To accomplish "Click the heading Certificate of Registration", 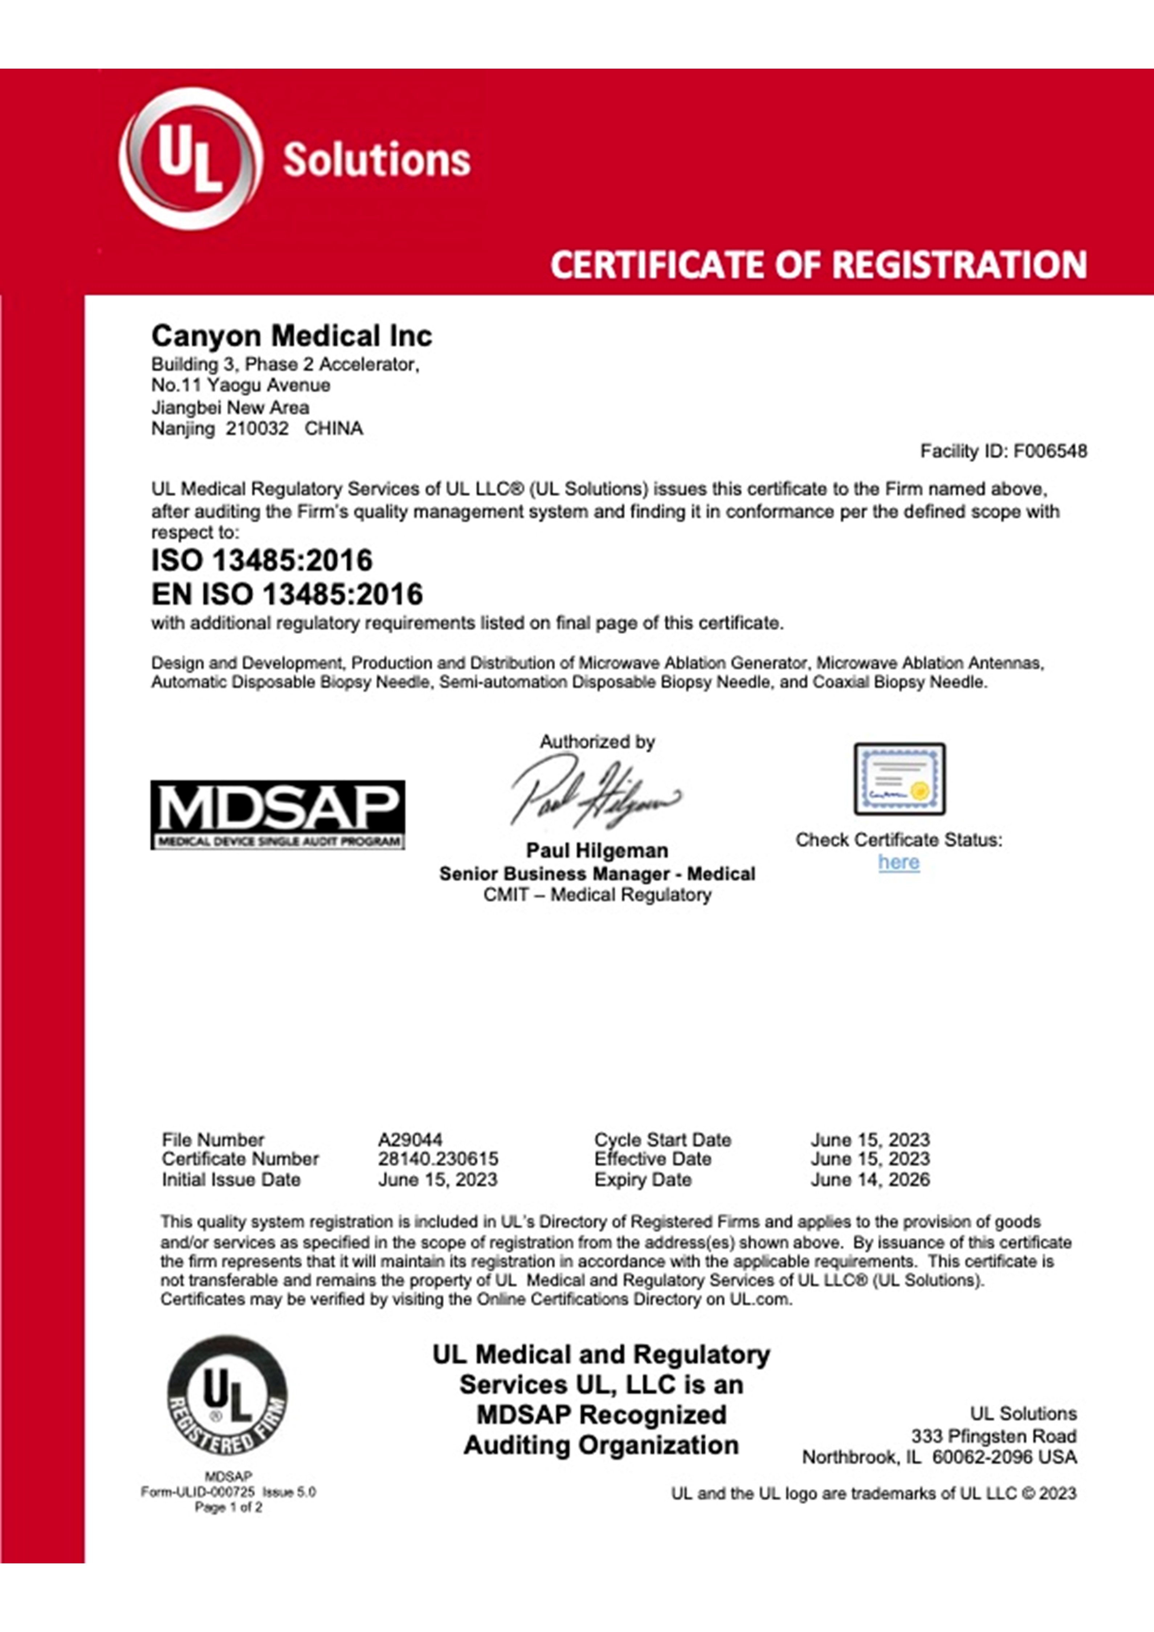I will point(818,264).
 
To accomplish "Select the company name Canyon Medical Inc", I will point(291,336).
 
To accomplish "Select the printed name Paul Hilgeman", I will point(597,851).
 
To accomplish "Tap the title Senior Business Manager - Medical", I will point(597,874).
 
